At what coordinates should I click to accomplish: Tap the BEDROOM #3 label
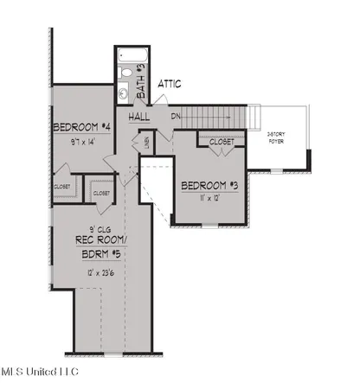click(209, 185)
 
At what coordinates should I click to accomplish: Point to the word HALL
click(140, 117)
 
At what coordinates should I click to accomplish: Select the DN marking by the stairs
click(175, 117)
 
